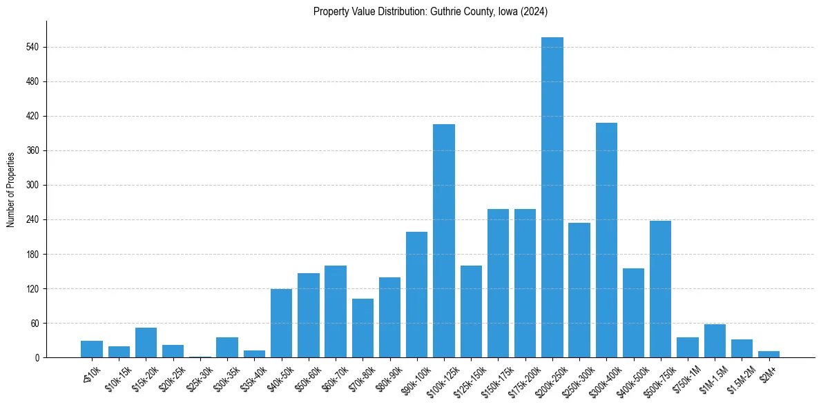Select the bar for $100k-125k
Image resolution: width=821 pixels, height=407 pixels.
443,241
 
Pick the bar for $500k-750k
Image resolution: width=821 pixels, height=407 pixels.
660,289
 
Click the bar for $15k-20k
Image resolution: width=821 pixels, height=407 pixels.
146,343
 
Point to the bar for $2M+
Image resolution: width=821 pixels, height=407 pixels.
769,355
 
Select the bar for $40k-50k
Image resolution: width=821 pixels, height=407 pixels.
281,324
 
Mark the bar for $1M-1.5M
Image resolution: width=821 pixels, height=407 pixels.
715,341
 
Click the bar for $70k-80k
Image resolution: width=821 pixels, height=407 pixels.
363,328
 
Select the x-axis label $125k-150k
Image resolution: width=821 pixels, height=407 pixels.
467,378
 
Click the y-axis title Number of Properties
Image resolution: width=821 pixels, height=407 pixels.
10,189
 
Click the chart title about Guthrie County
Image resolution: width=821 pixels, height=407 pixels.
430,11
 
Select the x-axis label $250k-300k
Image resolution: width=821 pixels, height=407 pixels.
575,378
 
